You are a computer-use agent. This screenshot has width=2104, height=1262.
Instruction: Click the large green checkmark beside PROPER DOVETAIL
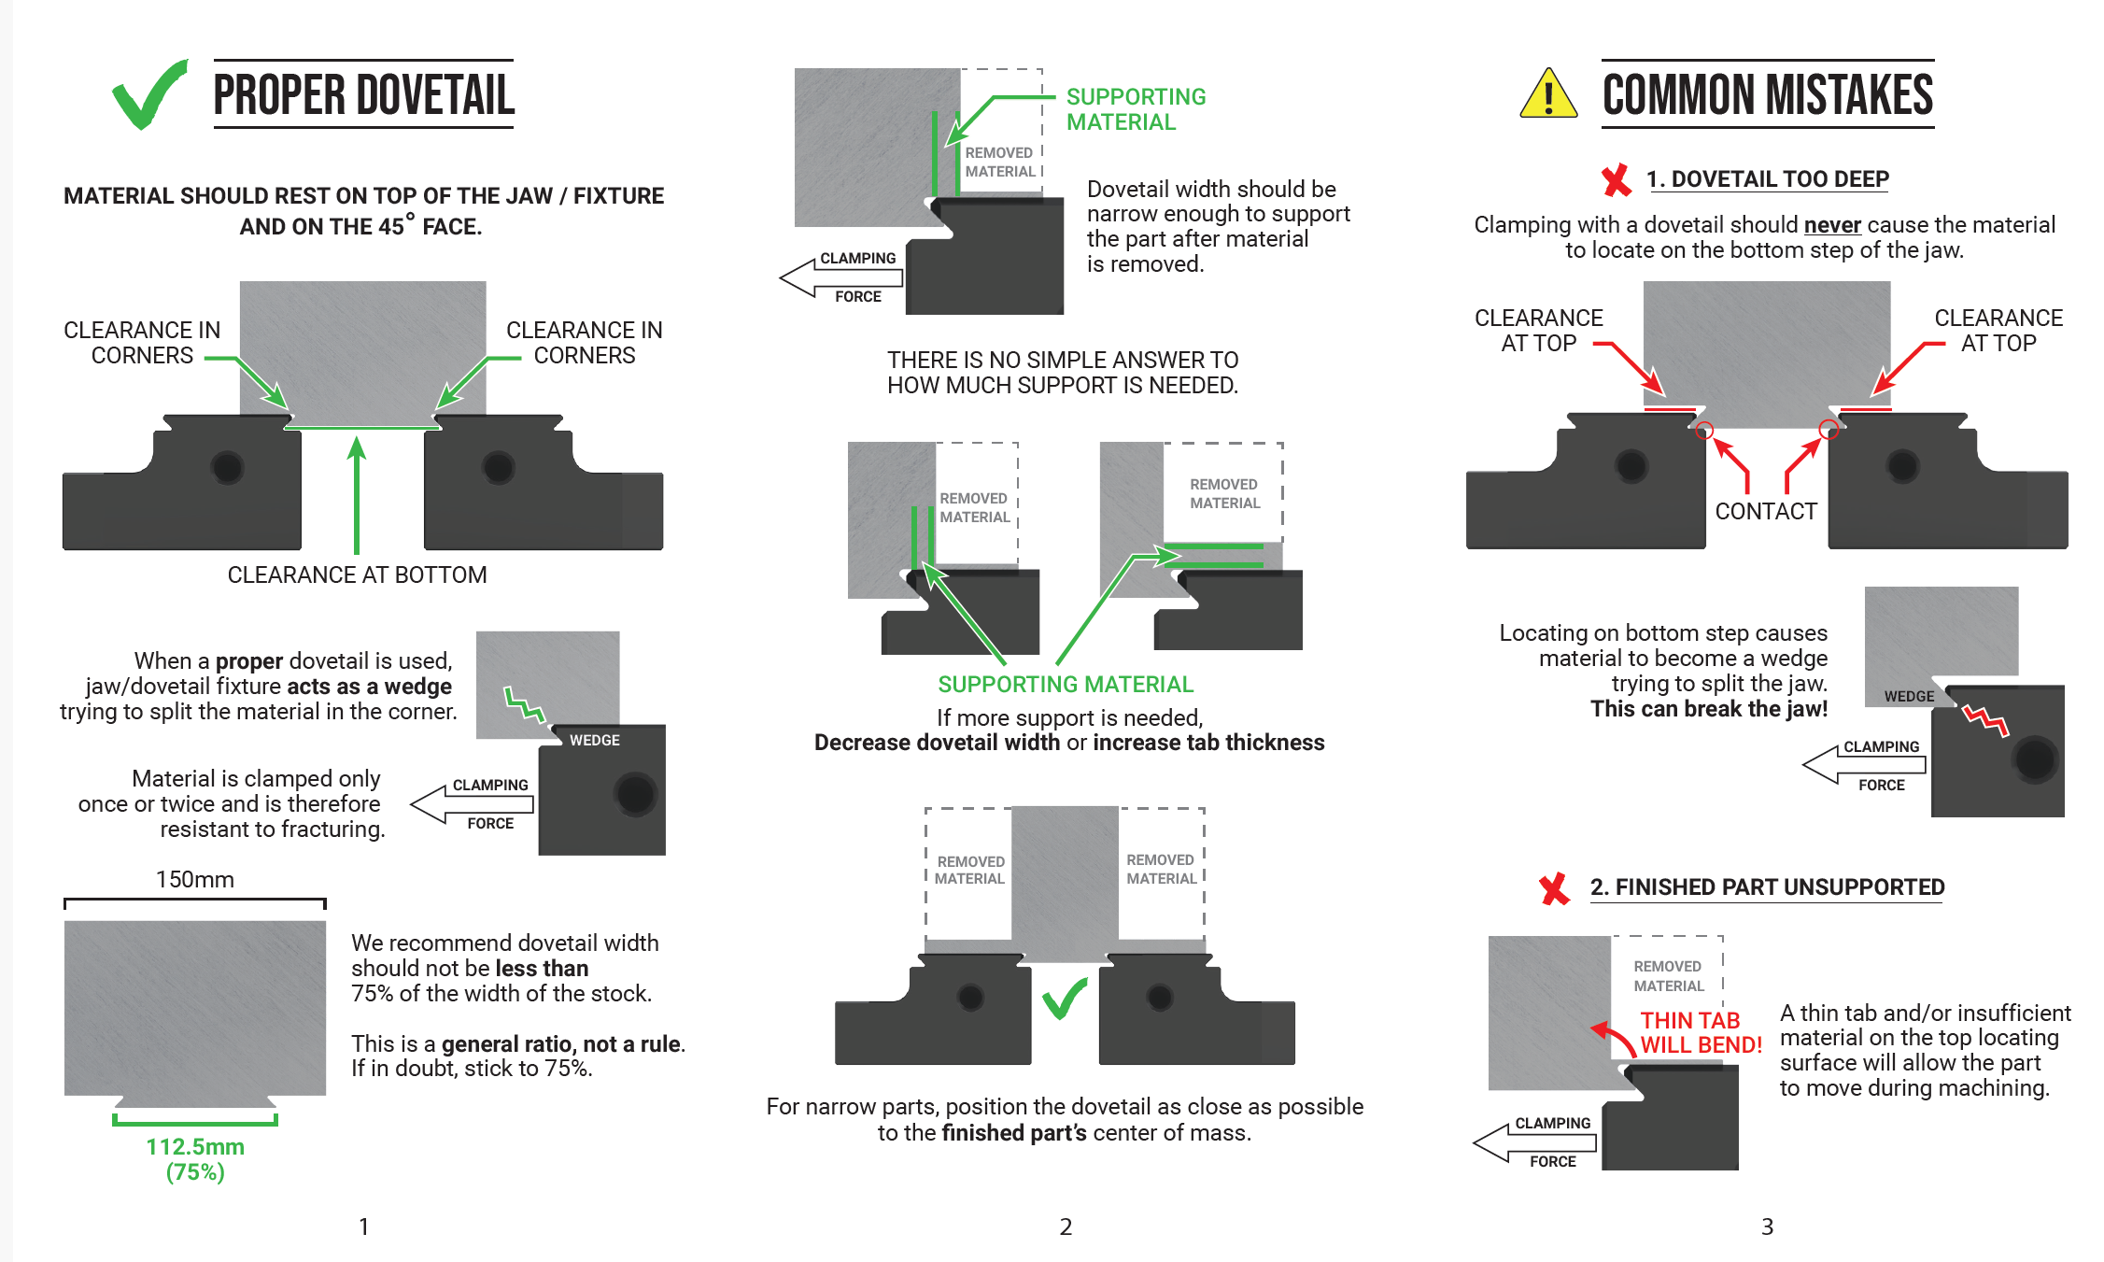[x=149, y=95]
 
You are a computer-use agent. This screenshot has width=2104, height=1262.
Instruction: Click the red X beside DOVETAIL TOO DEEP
[x=1616, y=179]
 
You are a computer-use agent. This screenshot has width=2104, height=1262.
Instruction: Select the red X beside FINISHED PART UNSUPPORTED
[x=1555, y=888]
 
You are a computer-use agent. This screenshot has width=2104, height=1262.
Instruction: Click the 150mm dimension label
[x=194, y=879]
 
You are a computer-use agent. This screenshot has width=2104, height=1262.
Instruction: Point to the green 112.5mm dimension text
[x=195, y=1147]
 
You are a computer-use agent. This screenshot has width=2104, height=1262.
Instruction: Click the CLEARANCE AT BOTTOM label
[x=357, y=574]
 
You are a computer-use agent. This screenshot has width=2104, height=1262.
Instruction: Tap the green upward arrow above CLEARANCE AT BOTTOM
[x=356, y=495]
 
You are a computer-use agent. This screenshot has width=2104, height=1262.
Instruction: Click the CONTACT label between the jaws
[x=1766, y=511]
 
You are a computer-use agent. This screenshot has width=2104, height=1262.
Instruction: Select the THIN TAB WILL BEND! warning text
[x=1701, y=1033]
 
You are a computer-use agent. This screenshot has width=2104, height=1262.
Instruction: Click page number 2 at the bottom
[x=1066, y=1227]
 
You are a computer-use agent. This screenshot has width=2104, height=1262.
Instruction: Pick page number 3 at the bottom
[x=1767, y=1227]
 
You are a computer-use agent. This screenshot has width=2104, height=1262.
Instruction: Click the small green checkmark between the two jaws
[x=1065, y=999]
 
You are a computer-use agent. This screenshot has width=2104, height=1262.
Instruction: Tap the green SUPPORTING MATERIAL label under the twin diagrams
[x=1066, y=685]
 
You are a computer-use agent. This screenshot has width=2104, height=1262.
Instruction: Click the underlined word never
[x=1832, y=225]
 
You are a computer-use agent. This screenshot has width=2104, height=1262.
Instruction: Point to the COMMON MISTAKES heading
[x=1767, y=95]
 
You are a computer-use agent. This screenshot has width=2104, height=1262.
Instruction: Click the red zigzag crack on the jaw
[x=1985, y=720]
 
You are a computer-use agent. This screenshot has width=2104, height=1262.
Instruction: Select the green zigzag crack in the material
[x=524, y=704]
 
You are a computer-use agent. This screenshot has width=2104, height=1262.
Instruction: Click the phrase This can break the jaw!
[x=1709, y=709]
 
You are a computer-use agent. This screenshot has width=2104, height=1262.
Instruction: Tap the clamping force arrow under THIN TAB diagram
[x=1535, y=1142]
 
